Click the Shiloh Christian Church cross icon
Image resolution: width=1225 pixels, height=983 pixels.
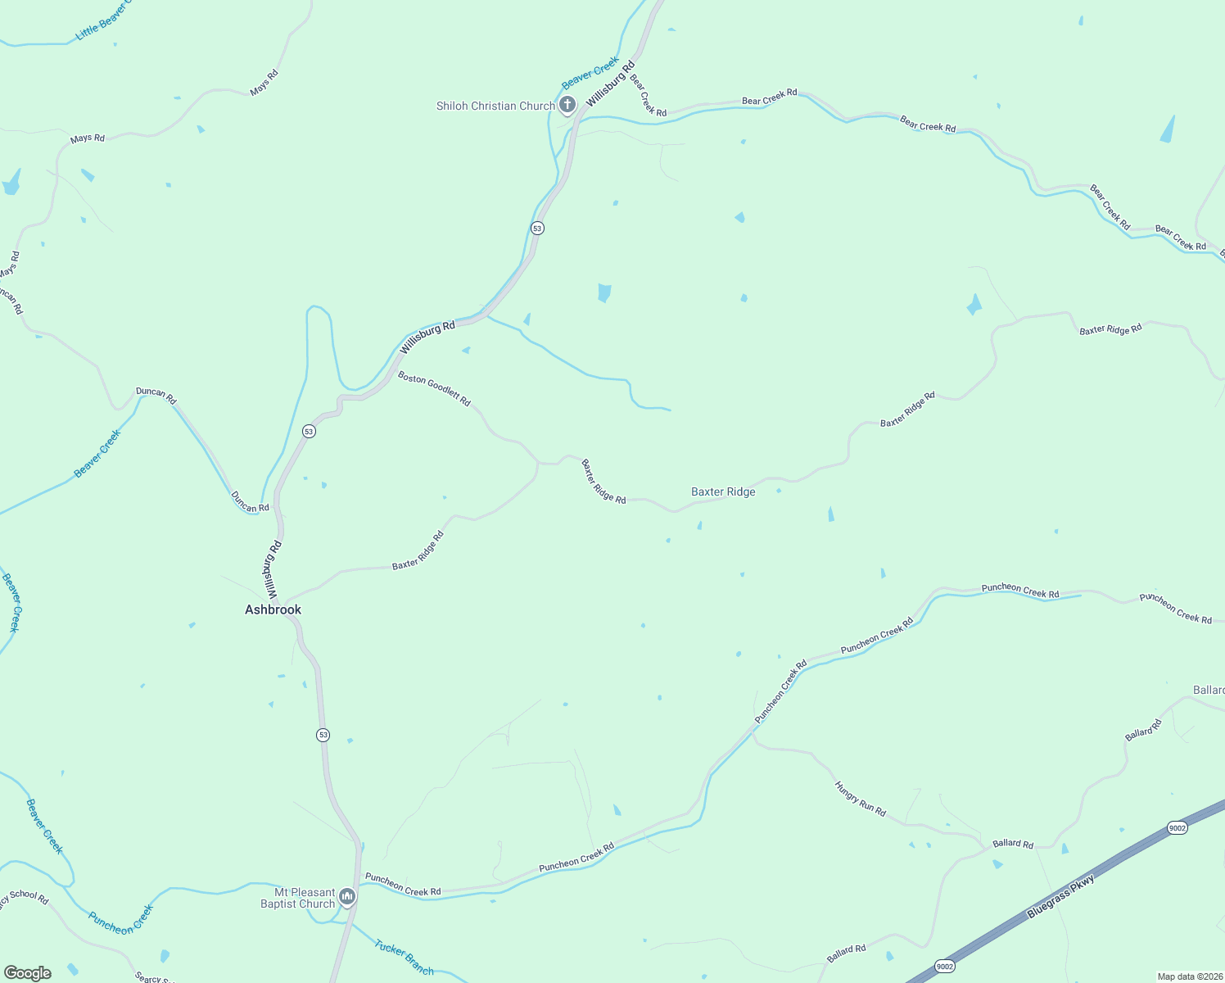567,105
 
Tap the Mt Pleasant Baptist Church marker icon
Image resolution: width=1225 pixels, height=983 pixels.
347,898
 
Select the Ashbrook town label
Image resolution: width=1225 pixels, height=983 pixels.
273,609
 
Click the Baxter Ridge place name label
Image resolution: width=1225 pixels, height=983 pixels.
723,491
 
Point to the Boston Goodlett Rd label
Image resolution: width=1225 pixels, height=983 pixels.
434,388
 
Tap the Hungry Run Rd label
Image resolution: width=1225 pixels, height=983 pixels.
860,799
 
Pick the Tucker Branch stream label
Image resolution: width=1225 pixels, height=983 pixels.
404,958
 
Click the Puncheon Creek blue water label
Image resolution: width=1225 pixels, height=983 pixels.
120,920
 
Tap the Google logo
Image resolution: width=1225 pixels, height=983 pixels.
27,973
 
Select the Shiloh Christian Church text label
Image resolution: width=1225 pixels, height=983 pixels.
495,106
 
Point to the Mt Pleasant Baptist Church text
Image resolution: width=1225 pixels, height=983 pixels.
298,898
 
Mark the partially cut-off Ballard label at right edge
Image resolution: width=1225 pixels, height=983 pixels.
1209,690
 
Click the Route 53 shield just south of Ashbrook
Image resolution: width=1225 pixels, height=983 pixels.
323,735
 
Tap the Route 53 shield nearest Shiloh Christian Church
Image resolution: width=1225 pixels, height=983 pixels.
537,228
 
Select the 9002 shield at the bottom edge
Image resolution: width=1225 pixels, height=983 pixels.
944,967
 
